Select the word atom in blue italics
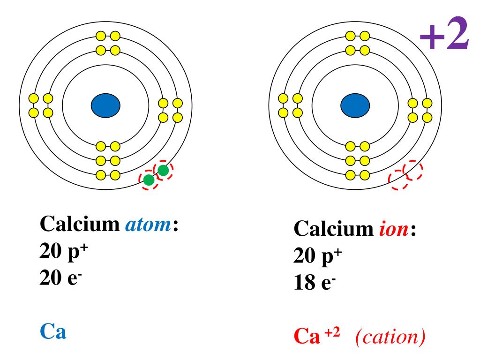(148, 226)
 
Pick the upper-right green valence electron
(163, 171)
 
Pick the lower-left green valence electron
(149, 180)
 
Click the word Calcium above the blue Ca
(80, 226)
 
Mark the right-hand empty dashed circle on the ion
(413, 171)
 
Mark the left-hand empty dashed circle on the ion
(398, 180)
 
